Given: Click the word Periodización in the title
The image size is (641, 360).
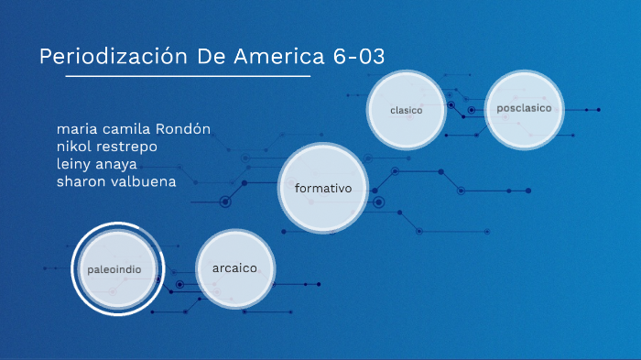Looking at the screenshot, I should [114, 56].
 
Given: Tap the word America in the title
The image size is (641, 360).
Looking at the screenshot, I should [272, 56].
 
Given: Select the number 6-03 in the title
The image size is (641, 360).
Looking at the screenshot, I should [355, 56].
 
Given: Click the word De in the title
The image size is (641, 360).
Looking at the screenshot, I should [211, 56].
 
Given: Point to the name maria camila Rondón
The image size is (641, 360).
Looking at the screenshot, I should [134, 128].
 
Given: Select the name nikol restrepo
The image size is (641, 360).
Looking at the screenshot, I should [107, 146].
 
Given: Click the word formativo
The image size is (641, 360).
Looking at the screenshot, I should [324, 188].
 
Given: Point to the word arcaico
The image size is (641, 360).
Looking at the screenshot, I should [234, 268].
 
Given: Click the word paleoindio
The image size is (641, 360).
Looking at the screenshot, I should [114, 270].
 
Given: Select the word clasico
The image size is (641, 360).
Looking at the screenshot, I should [406, 110].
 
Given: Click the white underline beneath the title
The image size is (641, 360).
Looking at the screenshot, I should [174, 76].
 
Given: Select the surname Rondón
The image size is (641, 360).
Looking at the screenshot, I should [186, 128].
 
